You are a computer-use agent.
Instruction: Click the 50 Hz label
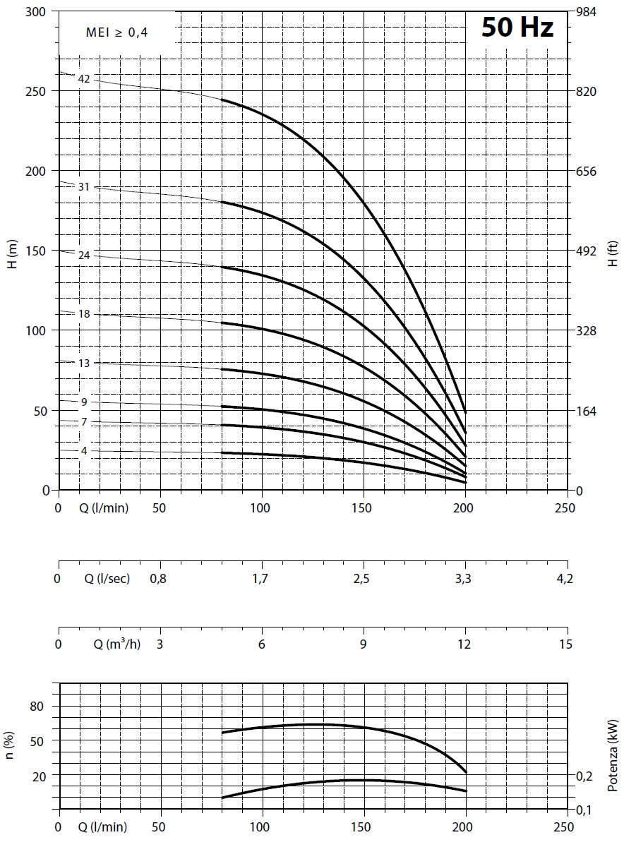(517, 28)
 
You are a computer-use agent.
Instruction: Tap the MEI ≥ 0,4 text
(117, 32)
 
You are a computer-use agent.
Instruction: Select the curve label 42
(84, 79)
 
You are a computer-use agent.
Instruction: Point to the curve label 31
(84, 187)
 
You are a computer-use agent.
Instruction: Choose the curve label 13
(84, 363)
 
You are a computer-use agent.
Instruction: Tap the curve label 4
(84, 450)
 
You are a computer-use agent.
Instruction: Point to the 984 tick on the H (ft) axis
(587, 12)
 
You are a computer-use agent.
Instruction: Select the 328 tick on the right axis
(587, 331)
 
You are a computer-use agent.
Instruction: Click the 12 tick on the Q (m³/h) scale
(465, 644)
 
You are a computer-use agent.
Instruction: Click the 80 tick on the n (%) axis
(37, 707)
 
